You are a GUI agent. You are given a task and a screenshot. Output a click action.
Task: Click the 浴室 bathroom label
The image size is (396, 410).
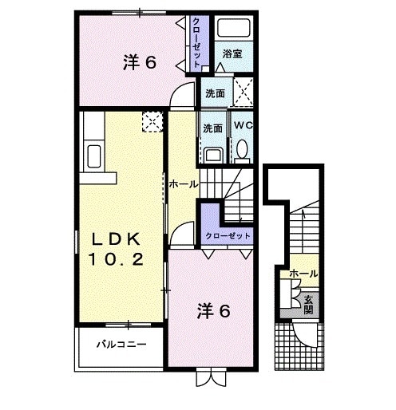coord(232,54)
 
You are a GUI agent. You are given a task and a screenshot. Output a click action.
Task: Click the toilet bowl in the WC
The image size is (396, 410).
coord(241,149)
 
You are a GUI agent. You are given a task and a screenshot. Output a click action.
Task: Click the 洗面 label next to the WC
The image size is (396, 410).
coord(212,128)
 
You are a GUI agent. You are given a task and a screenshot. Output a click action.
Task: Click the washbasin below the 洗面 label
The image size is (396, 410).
coord(212,152)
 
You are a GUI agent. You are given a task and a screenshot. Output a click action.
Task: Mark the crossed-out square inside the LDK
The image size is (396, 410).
coord(152,121)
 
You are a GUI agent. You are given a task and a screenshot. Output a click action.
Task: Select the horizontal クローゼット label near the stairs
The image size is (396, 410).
coord(228,236)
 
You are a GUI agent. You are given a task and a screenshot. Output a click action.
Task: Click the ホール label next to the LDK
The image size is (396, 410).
coord(183,183)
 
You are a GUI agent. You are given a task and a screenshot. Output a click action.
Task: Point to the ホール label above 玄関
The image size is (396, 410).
coord(303,274)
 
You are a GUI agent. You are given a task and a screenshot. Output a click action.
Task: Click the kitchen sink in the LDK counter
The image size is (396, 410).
coord(92,156)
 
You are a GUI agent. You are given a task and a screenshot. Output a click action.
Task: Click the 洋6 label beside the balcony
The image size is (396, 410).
coord(214,311)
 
